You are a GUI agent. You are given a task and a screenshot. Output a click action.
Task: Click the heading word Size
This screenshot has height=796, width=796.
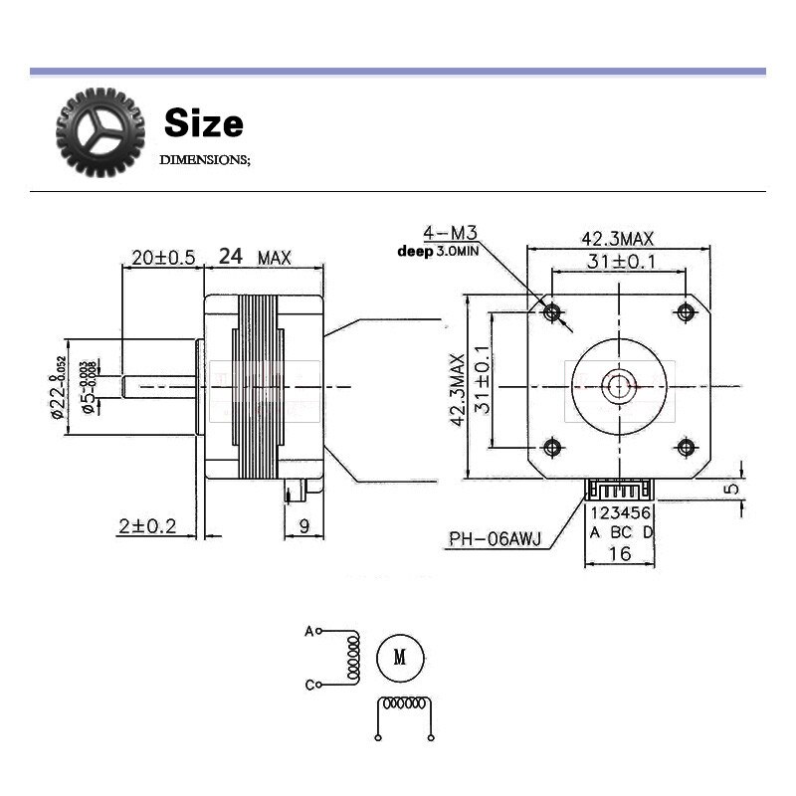point(203,123)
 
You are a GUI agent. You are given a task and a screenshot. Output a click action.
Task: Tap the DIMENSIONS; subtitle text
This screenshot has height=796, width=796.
point(206,159)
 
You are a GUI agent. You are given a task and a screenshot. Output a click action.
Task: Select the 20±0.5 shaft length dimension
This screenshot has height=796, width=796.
point(162,257)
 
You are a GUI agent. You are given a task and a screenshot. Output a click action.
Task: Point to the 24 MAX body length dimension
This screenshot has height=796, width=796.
point(255,257)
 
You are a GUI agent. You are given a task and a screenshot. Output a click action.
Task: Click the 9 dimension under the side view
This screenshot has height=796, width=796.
point(304,526)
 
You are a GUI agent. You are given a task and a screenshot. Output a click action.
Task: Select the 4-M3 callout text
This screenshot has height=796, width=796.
point(450,233)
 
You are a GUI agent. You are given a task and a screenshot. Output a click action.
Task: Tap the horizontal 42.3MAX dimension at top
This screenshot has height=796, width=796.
point(617,239)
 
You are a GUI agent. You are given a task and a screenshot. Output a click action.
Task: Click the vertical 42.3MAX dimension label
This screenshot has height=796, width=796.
point(459,388)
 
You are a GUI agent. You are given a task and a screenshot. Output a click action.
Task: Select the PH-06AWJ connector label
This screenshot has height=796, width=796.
point(495,540)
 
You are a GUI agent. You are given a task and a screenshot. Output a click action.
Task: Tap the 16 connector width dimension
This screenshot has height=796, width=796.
point(619,553)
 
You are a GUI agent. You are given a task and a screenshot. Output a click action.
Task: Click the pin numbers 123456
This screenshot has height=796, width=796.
point(621,513)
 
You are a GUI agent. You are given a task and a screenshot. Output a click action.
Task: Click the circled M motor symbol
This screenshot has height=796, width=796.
point(400,658)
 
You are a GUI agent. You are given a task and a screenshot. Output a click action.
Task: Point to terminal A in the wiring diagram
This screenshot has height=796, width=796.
point(309,631)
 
